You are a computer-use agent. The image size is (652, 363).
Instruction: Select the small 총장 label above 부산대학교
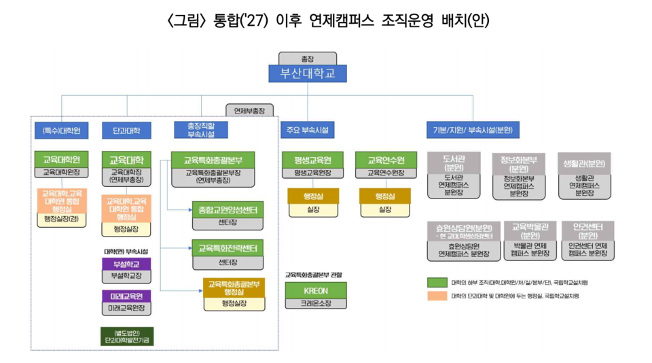(307, 58)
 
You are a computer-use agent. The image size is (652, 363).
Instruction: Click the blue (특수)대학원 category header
(62, 130)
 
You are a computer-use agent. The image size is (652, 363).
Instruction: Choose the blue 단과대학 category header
(126, 130)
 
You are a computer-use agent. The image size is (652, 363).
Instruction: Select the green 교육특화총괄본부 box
(213, 160)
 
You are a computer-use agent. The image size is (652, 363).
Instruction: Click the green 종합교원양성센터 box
(227, 209)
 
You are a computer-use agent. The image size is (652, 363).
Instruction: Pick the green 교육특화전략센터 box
(227, 248)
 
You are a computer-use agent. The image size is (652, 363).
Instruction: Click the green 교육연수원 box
(385, 160)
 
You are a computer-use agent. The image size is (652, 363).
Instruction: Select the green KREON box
(316, 290)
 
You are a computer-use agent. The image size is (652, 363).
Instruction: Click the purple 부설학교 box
(126, 264)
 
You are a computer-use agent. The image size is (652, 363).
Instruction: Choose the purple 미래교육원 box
(126, 296)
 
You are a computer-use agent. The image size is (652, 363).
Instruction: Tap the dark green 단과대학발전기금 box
(126, 336)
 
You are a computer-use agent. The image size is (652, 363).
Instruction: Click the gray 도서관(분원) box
(454, 162)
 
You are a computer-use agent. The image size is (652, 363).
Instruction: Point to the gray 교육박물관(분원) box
(530, 230)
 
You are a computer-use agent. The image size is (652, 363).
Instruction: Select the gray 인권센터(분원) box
(587, 230)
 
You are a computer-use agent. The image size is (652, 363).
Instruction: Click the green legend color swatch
(437, 282)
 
